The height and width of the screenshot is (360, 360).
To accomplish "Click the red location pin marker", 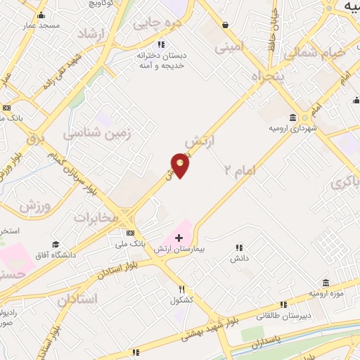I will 181,166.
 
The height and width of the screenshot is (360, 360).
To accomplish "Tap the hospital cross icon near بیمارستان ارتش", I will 179,238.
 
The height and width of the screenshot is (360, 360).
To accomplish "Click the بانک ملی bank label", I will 130,243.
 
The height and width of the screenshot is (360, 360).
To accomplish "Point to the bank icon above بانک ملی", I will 130,233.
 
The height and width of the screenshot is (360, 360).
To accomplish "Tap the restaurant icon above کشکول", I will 181,289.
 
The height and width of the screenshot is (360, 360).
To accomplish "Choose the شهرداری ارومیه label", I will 292,129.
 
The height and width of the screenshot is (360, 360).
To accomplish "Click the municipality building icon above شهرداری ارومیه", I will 292,117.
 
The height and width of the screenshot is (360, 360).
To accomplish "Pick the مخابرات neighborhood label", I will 95,217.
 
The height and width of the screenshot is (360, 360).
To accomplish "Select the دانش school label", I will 239,259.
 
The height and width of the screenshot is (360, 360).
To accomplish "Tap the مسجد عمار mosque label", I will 41,25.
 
